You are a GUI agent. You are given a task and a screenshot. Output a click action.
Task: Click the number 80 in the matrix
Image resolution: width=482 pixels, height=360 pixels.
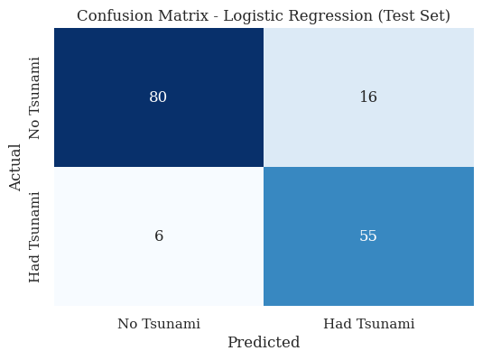point(158,97)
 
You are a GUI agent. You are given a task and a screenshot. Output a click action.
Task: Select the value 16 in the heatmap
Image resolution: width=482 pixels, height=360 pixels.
point(368,97)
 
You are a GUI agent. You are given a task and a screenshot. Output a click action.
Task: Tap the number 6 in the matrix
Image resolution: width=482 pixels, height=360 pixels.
point(159,236)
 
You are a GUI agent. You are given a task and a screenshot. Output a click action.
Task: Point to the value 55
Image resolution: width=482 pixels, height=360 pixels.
point(368,236)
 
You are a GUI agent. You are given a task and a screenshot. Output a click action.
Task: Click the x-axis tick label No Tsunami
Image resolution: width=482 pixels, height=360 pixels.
point(159,323)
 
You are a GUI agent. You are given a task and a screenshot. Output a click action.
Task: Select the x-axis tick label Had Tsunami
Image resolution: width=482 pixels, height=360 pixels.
point(368,323)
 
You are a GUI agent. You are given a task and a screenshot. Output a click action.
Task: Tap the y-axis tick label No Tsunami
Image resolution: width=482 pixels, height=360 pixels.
point(35,97)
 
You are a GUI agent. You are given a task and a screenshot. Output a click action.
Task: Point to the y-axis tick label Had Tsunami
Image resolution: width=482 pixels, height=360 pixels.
point(35,236)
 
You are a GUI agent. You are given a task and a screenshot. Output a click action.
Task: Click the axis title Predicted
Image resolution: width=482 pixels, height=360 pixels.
point(264,343)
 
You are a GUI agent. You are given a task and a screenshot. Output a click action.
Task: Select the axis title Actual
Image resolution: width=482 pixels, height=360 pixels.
point(15,167)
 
